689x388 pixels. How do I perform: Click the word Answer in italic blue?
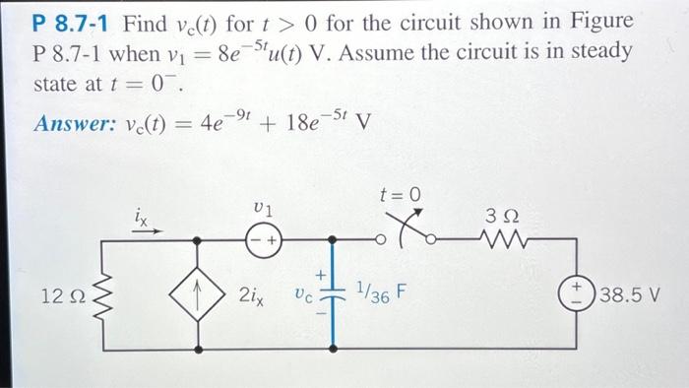click(x=68, y=124)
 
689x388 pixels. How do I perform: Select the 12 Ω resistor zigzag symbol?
click(x=94, y=292)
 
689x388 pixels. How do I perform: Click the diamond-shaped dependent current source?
click(x=201, y=292)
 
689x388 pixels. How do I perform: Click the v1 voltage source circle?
click(x=265, y=239)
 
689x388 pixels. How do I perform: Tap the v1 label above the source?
click(x=263, y=209)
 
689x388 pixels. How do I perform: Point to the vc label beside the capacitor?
click(x=303, y=293)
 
